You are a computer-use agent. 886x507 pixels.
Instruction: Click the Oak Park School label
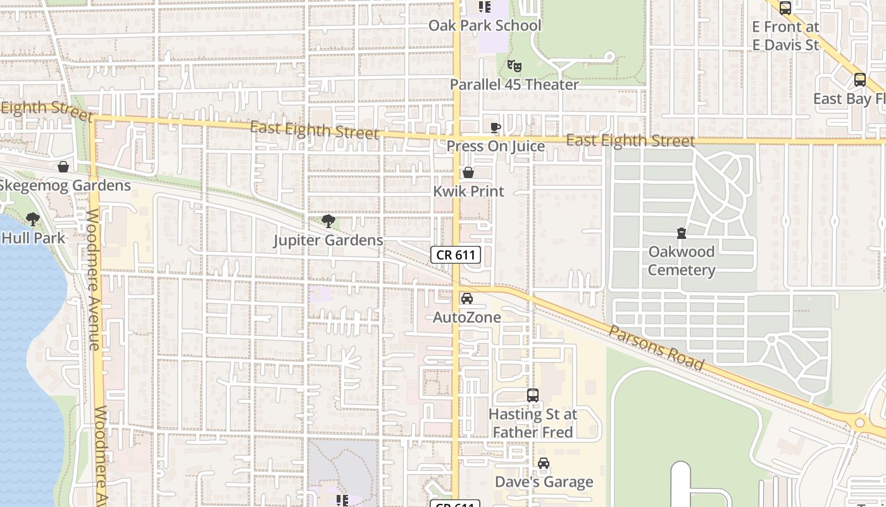point(485,25)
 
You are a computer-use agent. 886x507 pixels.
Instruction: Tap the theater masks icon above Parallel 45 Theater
point(514,65)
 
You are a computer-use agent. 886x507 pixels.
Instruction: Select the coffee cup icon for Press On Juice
point(496,127)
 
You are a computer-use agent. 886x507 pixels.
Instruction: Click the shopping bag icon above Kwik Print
point(468,172)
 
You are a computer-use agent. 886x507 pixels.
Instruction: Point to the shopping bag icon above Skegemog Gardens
point(63,167)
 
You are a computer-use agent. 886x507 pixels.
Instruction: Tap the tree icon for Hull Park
point(33,219)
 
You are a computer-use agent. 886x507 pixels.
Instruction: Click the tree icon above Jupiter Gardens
point(328,221)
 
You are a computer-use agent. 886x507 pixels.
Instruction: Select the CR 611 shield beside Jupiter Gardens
point(456,255)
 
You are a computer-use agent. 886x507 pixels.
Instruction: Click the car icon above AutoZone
point(467,298)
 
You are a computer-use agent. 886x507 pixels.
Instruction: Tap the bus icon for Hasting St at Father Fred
point(533,395)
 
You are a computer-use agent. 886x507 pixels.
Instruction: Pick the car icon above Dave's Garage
point(544,463)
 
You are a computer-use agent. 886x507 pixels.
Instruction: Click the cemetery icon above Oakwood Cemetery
point(682,233)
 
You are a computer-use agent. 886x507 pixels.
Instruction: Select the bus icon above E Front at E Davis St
point(785,8)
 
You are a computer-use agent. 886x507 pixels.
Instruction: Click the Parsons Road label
point(656,349)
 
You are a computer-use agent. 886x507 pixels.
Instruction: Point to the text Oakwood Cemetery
point(682,261)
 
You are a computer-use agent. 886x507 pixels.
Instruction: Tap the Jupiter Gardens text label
point(328,240)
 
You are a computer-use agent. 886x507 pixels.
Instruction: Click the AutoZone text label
point(467,318)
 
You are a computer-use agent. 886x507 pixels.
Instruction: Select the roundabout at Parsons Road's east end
point(859,422)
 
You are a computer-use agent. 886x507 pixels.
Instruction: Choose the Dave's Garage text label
point(544,482)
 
